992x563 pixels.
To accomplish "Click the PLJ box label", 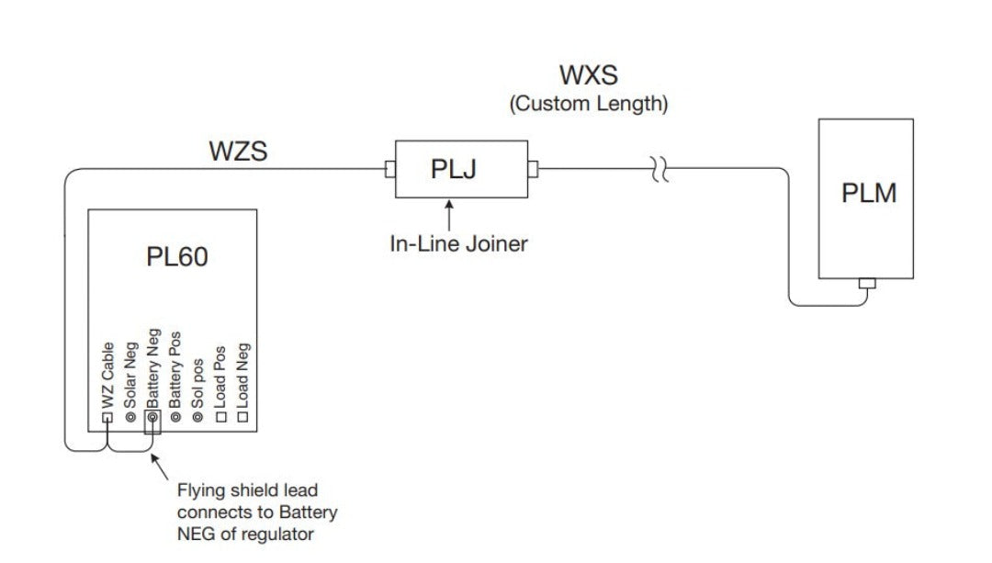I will tap(454, 170).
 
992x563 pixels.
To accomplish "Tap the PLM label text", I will tap(869, 194).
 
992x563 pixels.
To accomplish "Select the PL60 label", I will tap(177, 256).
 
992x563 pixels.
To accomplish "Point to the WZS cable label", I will tap(238, 151).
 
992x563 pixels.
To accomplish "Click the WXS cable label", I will tap(590, 75).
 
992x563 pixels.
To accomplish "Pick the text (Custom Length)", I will tap(589, 104).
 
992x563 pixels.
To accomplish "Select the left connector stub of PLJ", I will tap(389, 169).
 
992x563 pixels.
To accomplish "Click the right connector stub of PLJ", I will tap(534, 169).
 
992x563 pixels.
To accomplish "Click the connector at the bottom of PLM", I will tap(866, 283).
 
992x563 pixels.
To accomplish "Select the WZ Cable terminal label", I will tap(108, 376).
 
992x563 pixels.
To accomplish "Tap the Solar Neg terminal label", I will tap(130, 376).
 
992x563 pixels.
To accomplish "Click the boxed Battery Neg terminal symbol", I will tap(152, 418).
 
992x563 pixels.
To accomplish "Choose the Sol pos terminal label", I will tap(197, 378).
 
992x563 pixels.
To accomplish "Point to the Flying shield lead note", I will tap(257, 512).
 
